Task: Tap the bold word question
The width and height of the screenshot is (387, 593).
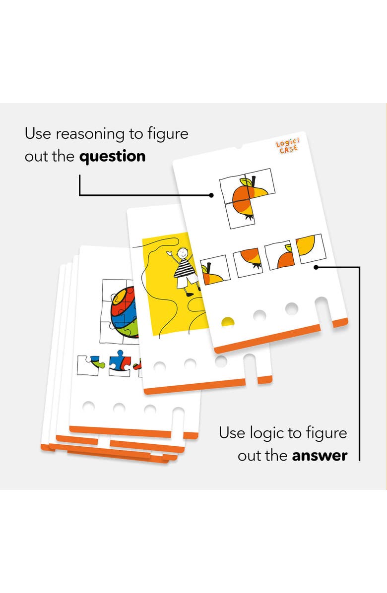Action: coord(113,157)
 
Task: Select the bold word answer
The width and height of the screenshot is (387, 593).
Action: coord(320,455)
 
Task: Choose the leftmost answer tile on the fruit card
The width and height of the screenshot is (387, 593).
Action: coord(214,270)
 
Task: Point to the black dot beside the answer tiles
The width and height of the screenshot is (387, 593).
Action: coord(316,267)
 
